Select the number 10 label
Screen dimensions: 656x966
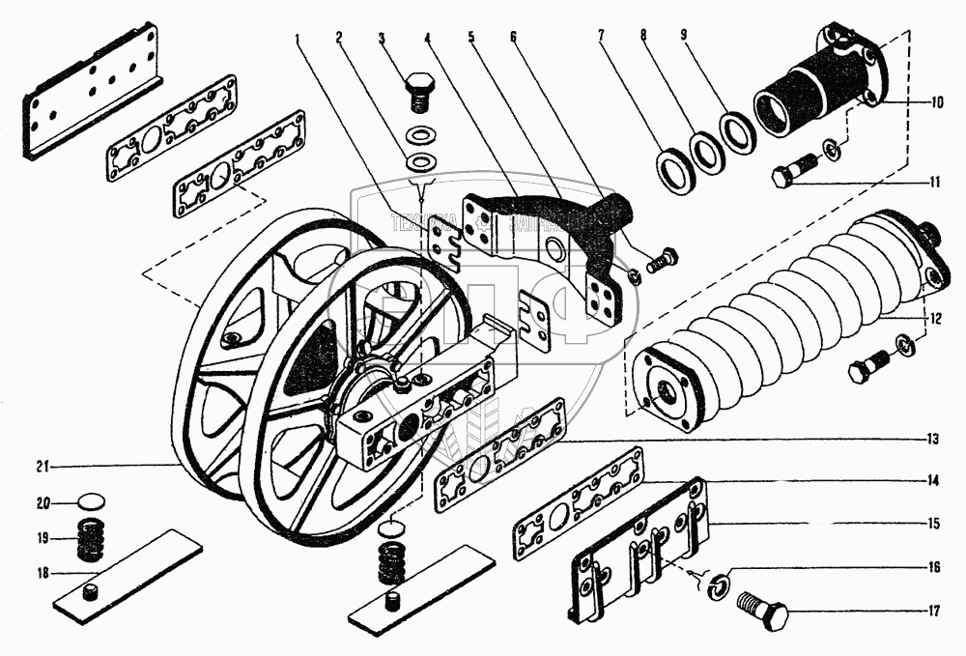point(936,101)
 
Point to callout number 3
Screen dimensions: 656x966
point(382,39)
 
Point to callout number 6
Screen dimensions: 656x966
point(513,39)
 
